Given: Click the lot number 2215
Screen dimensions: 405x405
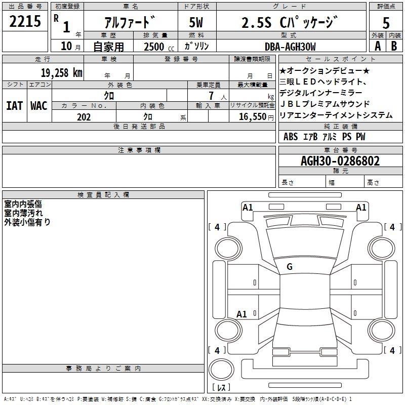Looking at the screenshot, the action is (x=25, y=21).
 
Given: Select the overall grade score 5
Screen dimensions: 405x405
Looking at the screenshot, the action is (x=386, y=23).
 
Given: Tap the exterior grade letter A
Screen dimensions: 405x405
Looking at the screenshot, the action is (x=378, y=46).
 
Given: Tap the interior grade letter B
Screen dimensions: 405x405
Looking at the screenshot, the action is (x=394, y=46).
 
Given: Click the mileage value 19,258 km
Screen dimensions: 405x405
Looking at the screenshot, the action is (x=62, y=73).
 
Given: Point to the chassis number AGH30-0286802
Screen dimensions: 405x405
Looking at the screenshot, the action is (x=340, y=161).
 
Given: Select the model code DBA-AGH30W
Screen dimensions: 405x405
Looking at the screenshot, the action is (x=290, y=47).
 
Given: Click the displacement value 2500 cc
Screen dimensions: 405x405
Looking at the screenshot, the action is (x=159, y=47).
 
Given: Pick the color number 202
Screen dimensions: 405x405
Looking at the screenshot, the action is (x=84, y=117).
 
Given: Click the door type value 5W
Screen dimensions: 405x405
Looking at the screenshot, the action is (x=196, y=22).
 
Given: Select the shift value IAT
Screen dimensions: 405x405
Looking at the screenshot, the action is (x=15, y=106).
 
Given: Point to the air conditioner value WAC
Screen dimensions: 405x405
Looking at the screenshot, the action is (x=39, y=106).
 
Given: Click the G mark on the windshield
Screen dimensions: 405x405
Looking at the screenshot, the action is (x=290, y=267).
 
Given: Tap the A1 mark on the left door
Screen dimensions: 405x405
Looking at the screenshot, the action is (x=241, y=314).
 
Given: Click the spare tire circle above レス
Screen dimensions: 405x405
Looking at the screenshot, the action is (x=221, y=370).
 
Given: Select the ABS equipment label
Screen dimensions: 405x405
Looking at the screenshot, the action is (x=291, y=137).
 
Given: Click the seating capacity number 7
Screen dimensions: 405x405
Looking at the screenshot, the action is (x=211, y=96).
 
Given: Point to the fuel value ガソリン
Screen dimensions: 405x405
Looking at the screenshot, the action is (x=196, y=46).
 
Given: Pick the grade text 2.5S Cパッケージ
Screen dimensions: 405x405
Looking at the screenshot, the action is (x=290, y=22).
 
